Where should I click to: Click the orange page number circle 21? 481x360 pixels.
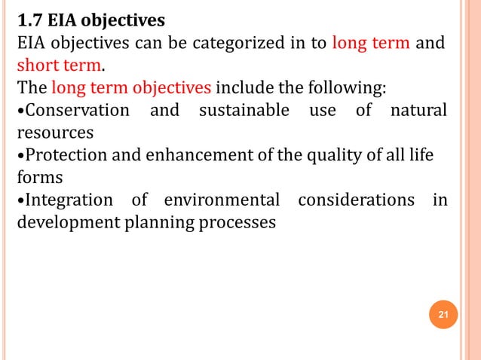click(443, 314)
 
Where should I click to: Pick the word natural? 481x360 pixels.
click(418, 110)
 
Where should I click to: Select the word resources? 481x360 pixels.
click(55, 133)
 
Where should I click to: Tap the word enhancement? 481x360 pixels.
click(178, 156)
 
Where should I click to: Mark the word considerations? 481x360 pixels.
click(356, 200)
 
